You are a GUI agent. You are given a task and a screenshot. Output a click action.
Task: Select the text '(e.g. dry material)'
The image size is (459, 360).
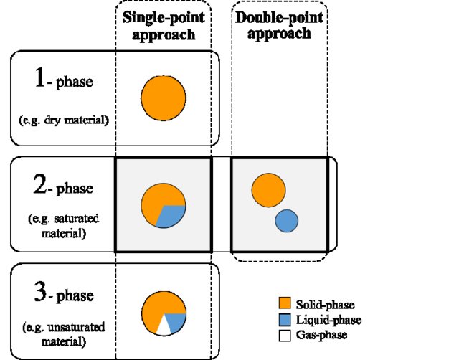point(64,120)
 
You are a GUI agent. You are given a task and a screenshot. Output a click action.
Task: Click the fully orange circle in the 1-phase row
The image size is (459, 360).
point(164,98)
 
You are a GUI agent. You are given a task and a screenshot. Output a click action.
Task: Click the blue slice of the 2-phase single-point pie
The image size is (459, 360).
point(172,215)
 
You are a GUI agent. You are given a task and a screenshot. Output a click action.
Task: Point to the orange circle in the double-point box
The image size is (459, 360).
point(269,191)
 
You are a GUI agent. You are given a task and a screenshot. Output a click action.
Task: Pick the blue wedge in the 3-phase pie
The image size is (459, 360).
point(177,320)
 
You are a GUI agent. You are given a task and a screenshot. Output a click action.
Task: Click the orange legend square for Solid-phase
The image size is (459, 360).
point(284,305)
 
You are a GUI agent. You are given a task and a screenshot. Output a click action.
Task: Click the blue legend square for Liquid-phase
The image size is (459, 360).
point(284,320)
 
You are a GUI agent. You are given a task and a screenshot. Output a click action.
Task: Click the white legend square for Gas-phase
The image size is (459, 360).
point(284,334)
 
